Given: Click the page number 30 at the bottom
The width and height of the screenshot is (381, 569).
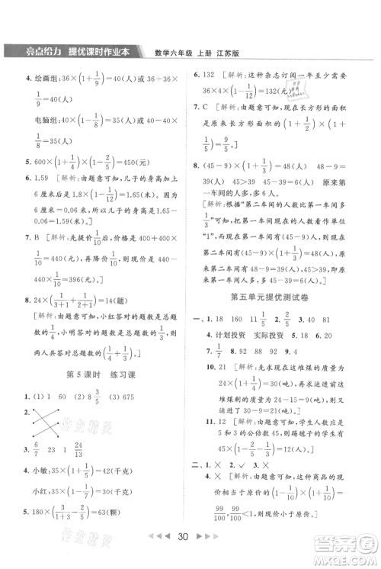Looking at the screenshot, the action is tap(190, 555).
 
